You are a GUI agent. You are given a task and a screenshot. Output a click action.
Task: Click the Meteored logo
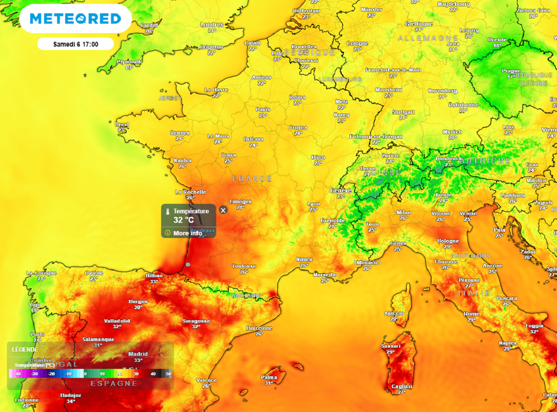click(75, 19)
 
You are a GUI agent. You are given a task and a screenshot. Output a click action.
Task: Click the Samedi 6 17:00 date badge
click(76, 44)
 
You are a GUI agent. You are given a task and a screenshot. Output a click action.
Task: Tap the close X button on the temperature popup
click(223, 210)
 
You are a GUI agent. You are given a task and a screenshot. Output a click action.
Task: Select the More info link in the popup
click(187, 233)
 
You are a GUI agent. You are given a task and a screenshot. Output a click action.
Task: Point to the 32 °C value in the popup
click(184, 220)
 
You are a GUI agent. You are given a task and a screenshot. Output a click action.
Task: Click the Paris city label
click(263, 109)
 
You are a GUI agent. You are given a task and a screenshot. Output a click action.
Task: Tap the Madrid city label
click(138, 354)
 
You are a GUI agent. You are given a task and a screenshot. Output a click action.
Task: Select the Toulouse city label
click(244, 266)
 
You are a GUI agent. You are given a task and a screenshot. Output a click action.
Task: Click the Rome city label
click(471, 314)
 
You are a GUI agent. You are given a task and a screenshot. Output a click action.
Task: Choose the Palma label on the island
click(269, 377)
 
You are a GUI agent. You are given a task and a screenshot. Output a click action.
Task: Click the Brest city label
click(122, 125)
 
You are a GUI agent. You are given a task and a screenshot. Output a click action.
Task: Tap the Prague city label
click(511, 71)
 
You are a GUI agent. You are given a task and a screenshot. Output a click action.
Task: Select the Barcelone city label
click(259, 328)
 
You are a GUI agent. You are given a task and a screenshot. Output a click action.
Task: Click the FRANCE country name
click(252, 179)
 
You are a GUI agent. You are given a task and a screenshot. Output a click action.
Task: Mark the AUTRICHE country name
click(485, 161)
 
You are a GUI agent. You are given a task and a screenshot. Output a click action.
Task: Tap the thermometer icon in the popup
click(168, 211)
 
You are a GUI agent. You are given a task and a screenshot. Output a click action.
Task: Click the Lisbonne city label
click(26, 400)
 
